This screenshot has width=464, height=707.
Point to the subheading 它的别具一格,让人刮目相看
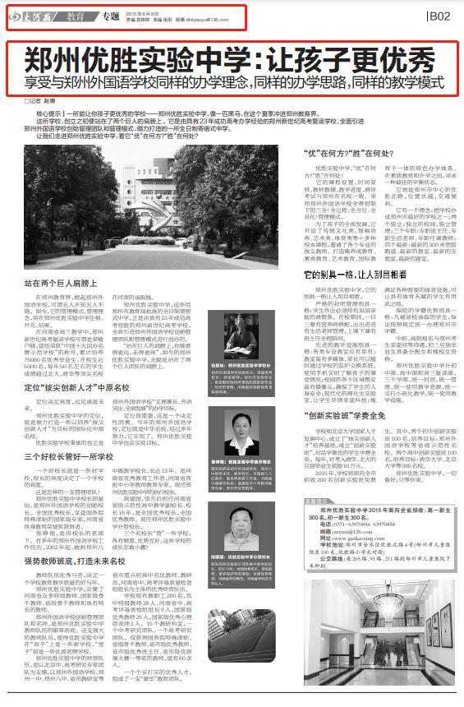(357, 272)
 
